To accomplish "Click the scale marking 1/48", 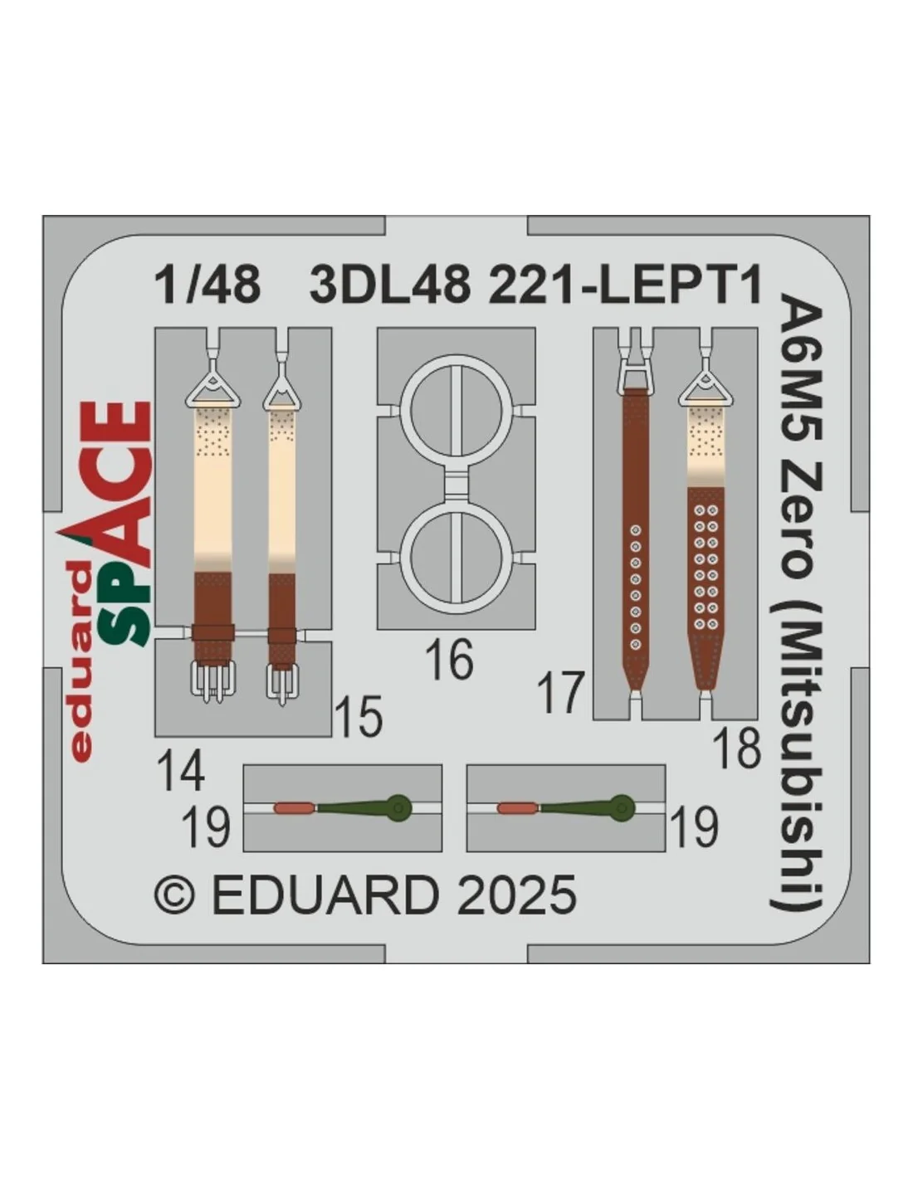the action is click(207, 287).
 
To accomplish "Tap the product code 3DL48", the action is click(389, 287).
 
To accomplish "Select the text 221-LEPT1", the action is click(625, 287).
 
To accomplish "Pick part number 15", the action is click(359, 716).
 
